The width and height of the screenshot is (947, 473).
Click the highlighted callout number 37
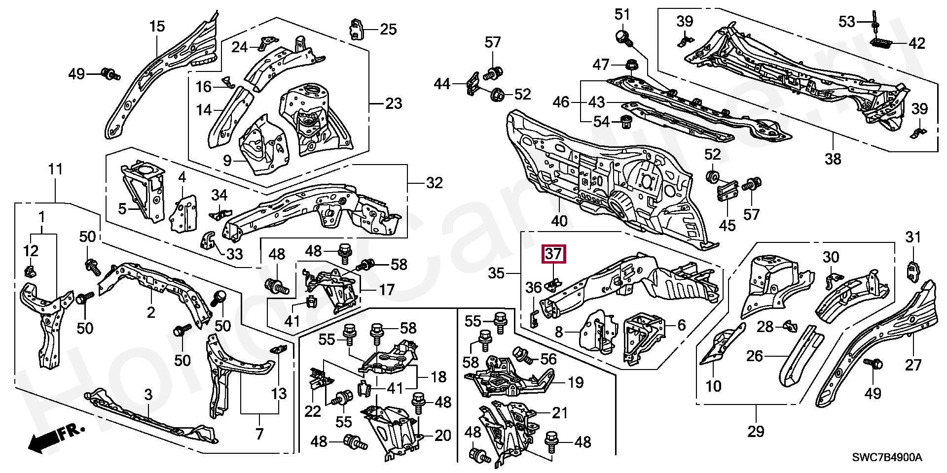pos(553,255)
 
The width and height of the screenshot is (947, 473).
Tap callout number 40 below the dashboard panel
pos(559,221)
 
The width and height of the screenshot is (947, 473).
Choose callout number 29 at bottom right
pos(756,432)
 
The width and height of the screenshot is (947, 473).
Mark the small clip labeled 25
pos(358,29)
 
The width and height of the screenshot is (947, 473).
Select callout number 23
pos(393,103)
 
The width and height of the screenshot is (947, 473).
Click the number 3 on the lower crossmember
pos(148,394)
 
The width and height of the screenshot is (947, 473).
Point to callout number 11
pos(55,170)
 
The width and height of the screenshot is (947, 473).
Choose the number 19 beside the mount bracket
pos(575,382)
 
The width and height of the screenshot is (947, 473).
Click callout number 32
pos(434,183)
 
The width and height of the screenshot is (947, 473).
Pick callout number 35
pos(496,272)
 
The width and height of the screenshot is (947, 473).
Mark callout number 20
pos(443,435)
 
